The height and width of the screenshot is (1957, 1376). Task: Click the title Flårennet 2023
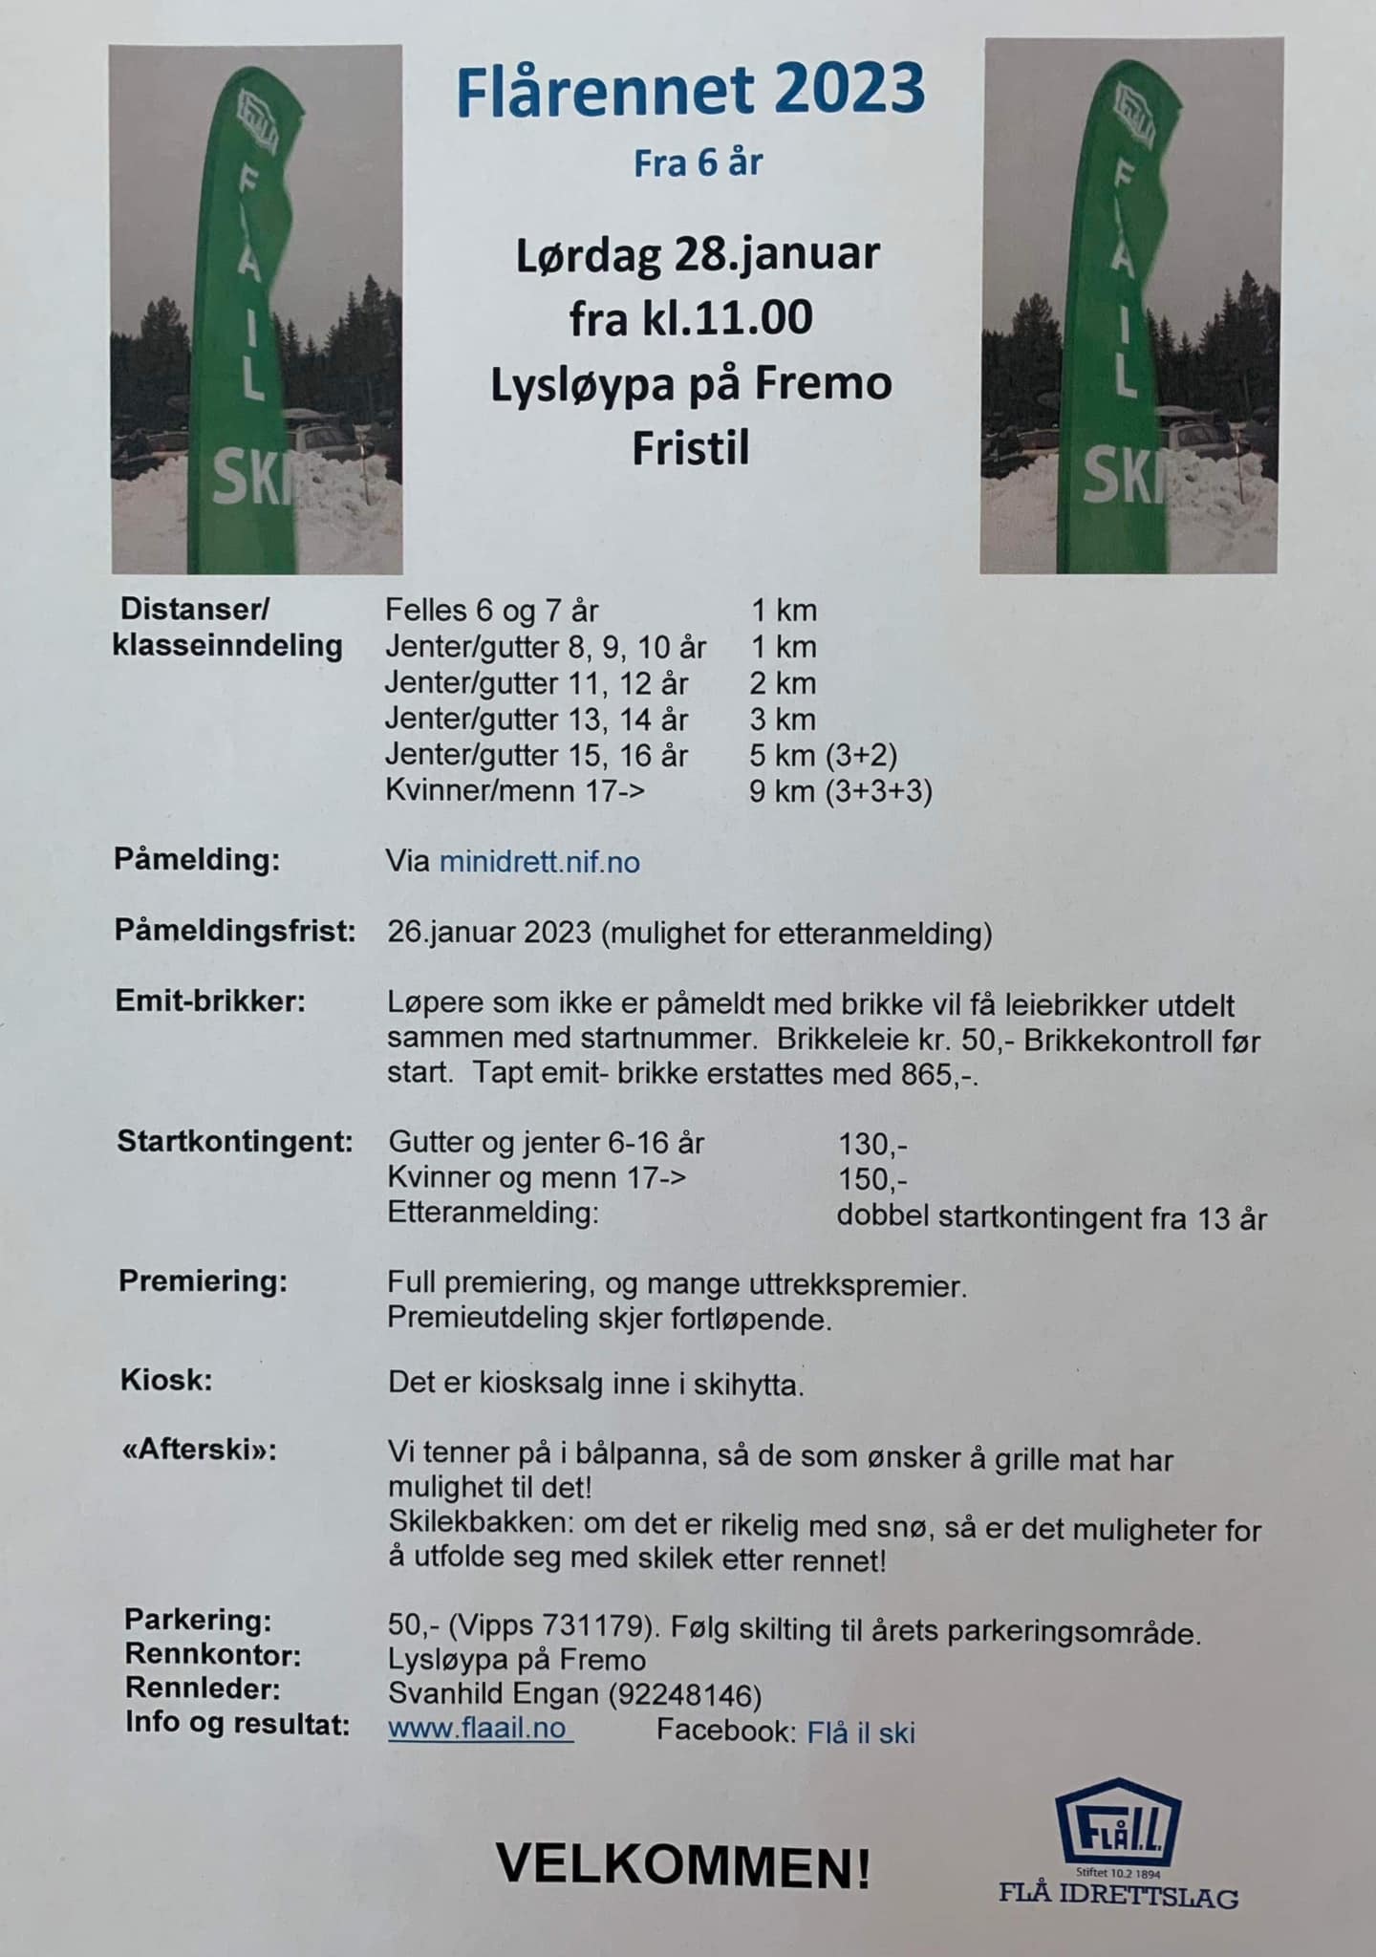[x=690, y=89]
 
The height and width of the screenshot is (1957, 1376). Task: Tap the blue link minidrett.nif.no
[x=539, y=863]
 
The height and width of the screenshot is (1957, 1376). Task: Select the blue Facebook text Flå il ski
[x=861, y=1732]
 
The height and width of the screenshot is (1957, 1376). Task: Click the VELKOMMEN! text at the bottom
[x=683, y=1865]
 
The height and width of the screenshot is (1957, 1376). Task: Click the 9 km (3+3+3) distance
[x=840, y=792]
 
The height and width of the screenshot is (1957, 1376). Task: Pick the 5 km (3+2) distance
[x=823, y=756]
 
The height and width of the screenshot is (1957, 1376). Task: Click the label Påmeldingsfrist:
[x=235, y=931]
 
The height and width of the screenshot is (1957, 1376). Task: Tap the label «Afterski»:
[x=199, y=1451]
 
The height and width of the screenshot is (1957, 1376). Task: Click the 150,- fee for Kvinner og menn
[x=872, y=1178]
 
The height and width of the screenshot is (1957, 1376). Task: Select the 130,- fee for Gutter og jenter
[x=872, y=1143]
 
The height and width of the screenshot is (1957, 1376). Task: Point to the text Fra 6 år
[x=698, y=162]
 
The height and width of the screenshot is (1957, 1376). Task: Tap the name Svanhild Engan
[x=491, y=1696]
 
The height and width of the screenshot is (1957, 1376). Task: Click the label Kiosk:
[x=165, y=1381]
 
